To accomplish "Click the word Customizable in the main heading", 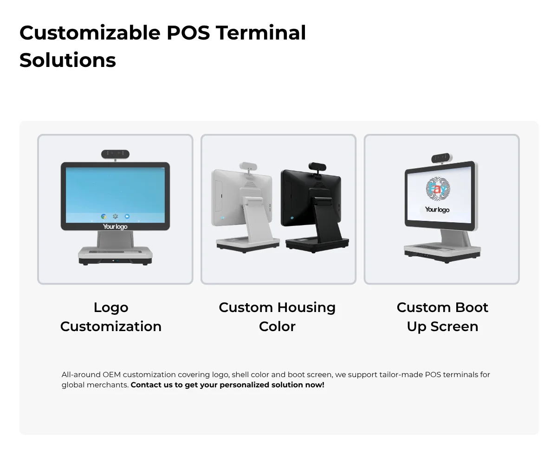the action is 90,33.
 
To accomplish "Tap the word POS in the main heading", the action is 188,33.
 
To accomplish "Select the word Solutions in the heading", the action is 68,60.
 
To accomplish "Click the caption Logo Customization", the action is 111,317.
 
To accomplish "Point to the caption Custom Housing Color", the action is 277,317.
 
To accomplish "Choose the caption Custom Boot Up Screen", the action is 442,317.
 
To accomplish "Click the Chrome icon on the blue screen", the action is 104,217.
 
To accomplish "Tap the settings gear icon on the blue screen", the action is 115,217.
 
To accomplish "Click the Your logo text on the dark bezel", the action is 115,226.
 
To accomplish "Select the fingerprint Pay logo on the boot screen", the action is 438,189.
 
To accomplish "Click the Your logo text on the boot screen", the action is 437,210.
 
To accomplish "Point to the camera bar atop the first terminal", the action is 115,154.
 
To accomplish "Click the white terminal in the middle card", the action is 246,207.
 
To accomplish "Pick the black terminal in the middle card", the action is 315,207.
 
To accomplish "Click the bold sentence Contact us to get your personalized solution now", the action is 227,385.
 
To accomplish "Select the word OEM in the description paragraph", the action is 112,375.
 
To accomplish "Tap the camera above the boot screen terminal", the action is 442,158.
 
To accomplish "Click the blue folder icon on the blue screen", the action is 127,217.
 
